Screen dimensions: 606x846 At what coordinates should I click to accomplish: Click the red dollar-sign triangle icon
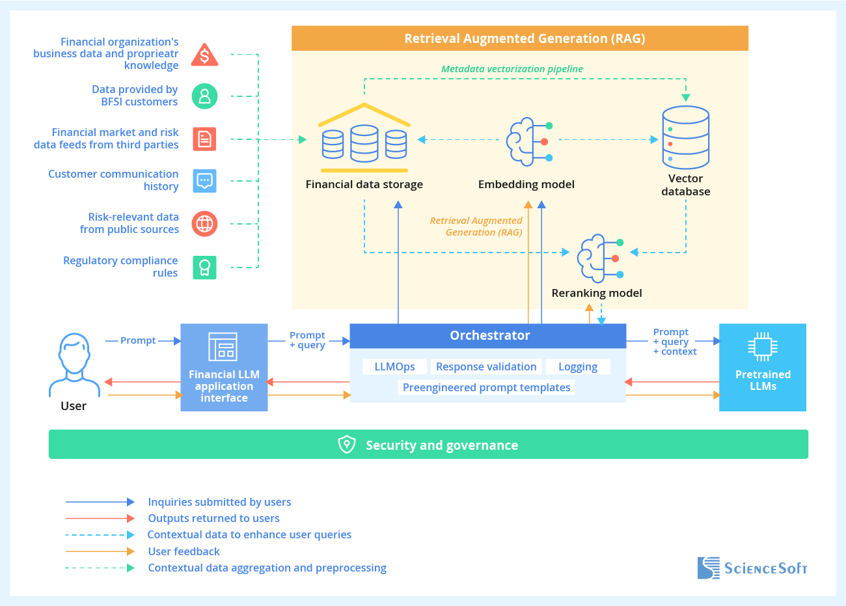pos(204,56)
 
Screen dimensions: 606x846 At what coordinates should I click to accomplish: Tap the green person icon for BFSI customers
pos(204,96)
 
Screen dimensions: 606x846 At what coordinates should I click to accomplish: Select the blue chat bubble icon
pos(204,180)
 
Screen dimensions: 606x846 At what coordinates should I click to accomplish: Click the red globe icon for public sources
pos(204,224)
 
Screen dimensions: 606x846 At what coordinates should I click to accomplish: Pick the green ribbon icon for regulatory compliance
pos(204,268)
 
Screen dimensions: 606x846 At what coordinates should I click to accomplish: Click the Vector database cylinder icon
pos(685,138)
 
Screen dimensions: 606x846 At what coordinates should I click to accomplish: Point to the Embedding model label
pos(526,184)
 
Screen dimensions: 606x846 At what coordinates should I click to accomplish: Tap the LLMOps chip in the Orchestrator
pos(394,366)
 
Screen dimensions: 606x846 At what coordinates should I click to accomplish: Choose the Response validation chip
pos(486,366)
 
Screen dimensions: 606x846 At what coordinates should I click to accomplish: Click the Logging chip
pos(577,366)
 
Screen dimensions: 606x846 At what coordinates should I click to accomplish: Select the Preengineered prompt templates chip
pos(486,387)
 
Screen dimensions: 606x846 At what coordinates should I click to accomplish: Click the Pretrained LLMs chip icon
pos(762,347)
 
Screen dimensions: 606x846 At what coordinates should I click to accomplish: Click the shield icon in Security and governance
pos(347,445)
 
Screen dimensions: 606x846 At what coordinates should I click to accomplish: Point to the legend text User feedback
pos(184,551)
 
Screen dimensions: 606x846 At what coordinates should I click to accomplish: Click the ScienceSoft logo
pos(752,568)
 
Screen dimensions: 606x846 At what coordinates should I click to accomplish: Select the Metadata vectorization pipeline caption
pos(512,69)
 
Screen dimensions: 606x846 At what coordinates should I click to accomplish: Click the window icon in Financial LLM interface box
pos(223,347)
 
